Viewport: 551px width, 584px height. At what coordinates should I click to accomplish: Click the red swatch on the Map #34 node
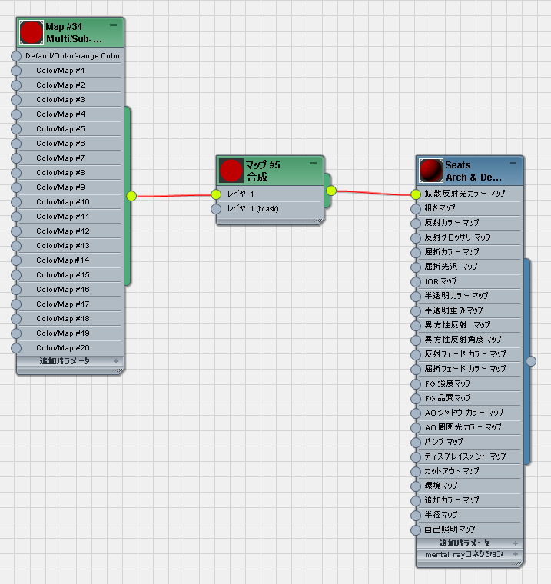pyautogui.click(x=32, y=32)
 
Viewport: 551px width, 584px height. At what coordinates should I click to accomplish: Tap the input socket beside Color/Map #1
pyautogui.click(x=16, y=71)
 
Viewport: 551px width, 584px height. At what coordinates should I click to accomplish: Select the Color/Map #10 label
pyautogui.click(x=62, y=202)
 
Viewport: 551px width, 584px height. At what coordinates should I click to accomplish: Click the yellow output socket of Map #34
pyautogui.click(x=131, y=196)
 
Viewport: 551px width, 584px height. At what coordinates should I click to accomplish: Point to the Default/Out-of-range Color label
pyautogui.click(x=73, y=56)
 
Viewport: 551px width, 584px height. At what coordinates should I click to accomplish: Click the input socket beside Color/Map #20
pyautogui.click(x=16, y=348)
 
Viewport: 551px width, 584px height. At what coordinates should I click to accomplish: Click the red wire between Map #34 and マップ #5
pyautogui.click(x=174, y=195)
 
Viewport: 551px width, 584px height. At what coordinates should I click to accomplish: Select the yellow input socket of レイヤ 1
pyautogui.click(x=216, y=194)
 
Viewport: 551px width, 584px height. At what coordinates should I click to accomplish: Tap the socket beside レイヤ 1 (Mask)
pyautogui.click(x=216, y=209)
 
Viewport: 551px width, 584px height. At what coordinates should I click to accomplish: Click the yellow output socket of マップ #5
pyautogui.click(x=331, y=191)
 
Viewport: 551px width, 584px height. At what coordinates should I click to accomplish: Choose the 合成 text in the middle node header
pyautogui.click(x=257, y=177)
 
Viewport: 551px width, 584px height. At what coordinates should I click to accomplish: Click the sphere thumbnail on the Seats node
pyautogui.click(x=431, y=171)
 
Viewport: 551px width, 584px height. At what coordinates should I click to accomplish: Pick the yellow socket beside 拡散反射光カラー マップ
pyautogui.click(x=416, y=194)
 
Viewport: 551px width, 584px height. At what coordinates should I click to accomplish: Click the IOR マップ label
pyautogui.click(x=441, y=281)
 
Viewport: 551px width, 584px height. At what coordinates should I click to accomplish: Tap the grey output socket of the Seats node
pyautogui.click(x=531, y=361)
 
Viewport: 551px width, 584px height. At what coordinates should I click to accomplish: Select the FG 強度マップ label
pyautogui.click(x=448, y=383)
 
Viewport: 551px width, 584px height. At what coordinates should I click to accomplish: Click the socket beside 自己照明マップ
pyautogui.click(x=416, y=530)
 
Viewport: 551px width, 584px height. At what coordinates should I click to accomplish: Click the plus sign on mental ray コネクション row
pyautogui.click(x=516, y=554)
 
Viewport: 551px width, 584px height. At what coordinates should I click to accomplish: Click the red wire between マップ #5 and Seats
pyautogui.click(x=373, y=193)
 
